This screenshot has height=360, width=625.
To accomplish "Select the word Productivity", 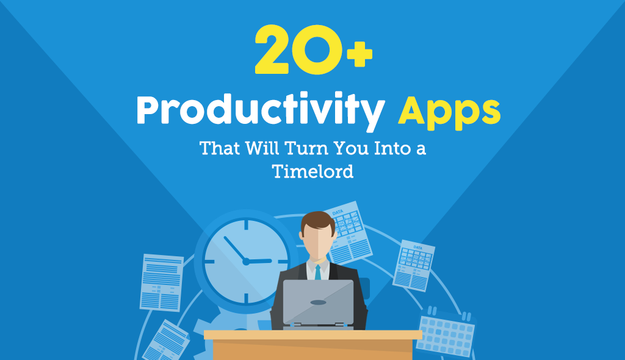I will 260,113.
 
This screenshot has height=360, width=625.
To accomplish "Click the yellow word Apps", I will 449,113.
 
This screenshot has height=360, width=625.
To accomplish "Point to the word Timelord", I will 312,171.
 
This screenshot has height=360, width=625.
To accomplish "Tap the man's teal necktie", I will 317,272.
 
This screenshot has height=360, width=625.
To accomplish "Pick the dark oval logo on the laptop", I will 318,302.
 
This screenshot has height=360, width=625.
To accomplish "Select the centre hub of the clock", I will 246,261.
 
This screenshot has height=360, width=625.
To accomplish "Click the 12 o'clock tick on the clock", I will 246,224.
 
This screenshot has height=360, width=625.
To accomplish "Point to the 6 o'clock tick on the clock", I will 246,298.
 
